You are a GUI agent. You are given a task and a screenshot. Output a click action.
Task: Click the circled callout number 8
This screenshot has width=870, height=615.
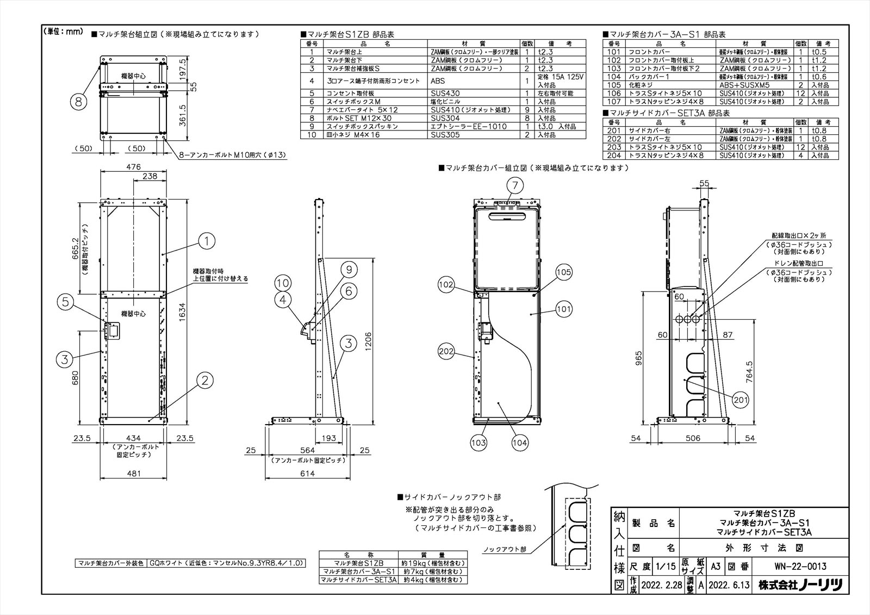(78, 101)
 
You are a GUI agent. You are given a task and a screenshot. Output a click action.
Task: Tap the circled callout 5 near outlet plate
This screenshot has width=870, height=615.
(65, 303)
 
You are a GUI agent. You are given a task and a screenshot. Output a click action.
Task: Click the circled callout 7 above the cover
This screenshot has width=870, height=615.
(515, 186)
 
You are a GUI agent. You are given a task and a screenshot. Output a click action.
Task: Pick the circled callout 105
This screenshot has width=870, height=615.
(564, 272)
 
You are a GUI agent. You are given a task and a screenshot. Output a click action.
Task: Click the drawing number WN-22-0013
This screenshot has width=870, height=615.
(800, 567)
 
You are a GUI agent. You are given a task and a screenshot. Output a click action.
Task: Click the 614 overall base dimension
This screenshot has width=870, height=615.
(307, 473)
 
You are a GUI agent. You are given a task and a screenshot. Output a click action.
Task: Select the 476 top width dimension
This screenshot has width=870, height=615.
(133, 167)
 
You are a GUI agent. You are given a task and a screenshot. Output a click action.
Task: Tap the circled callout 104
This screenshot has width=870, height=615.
(520, 443)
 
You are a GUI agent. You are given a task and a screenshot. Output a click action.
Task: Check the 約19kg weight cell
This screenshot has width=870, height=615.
(434, 563)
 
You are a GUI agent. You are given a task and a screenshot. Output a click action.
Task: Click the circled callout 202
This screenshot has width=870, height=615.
(446, 351)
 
